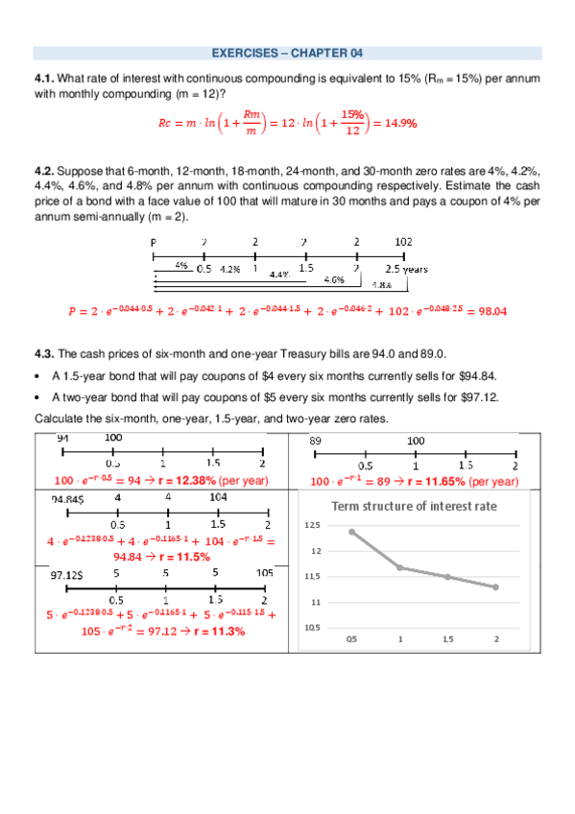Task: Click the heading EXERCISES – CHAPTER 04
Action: (x=287, y=53)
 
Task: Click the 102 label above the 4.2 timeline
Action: (x=404, y=242)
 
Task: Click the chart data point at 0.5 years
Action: (x=352, y=532)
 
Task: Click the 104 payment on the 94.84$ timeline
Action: (x=217, y=498)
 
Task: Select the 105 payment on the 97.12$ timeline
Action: (x=264, y=571)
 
